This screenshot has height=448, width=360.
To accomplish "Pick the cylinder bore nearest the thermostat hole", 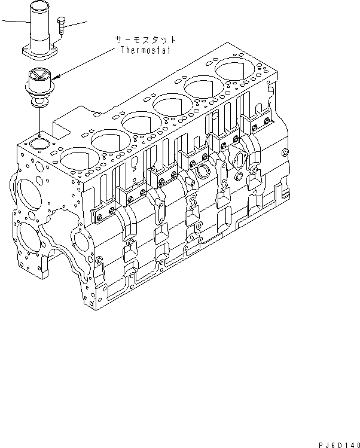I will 75,158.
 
